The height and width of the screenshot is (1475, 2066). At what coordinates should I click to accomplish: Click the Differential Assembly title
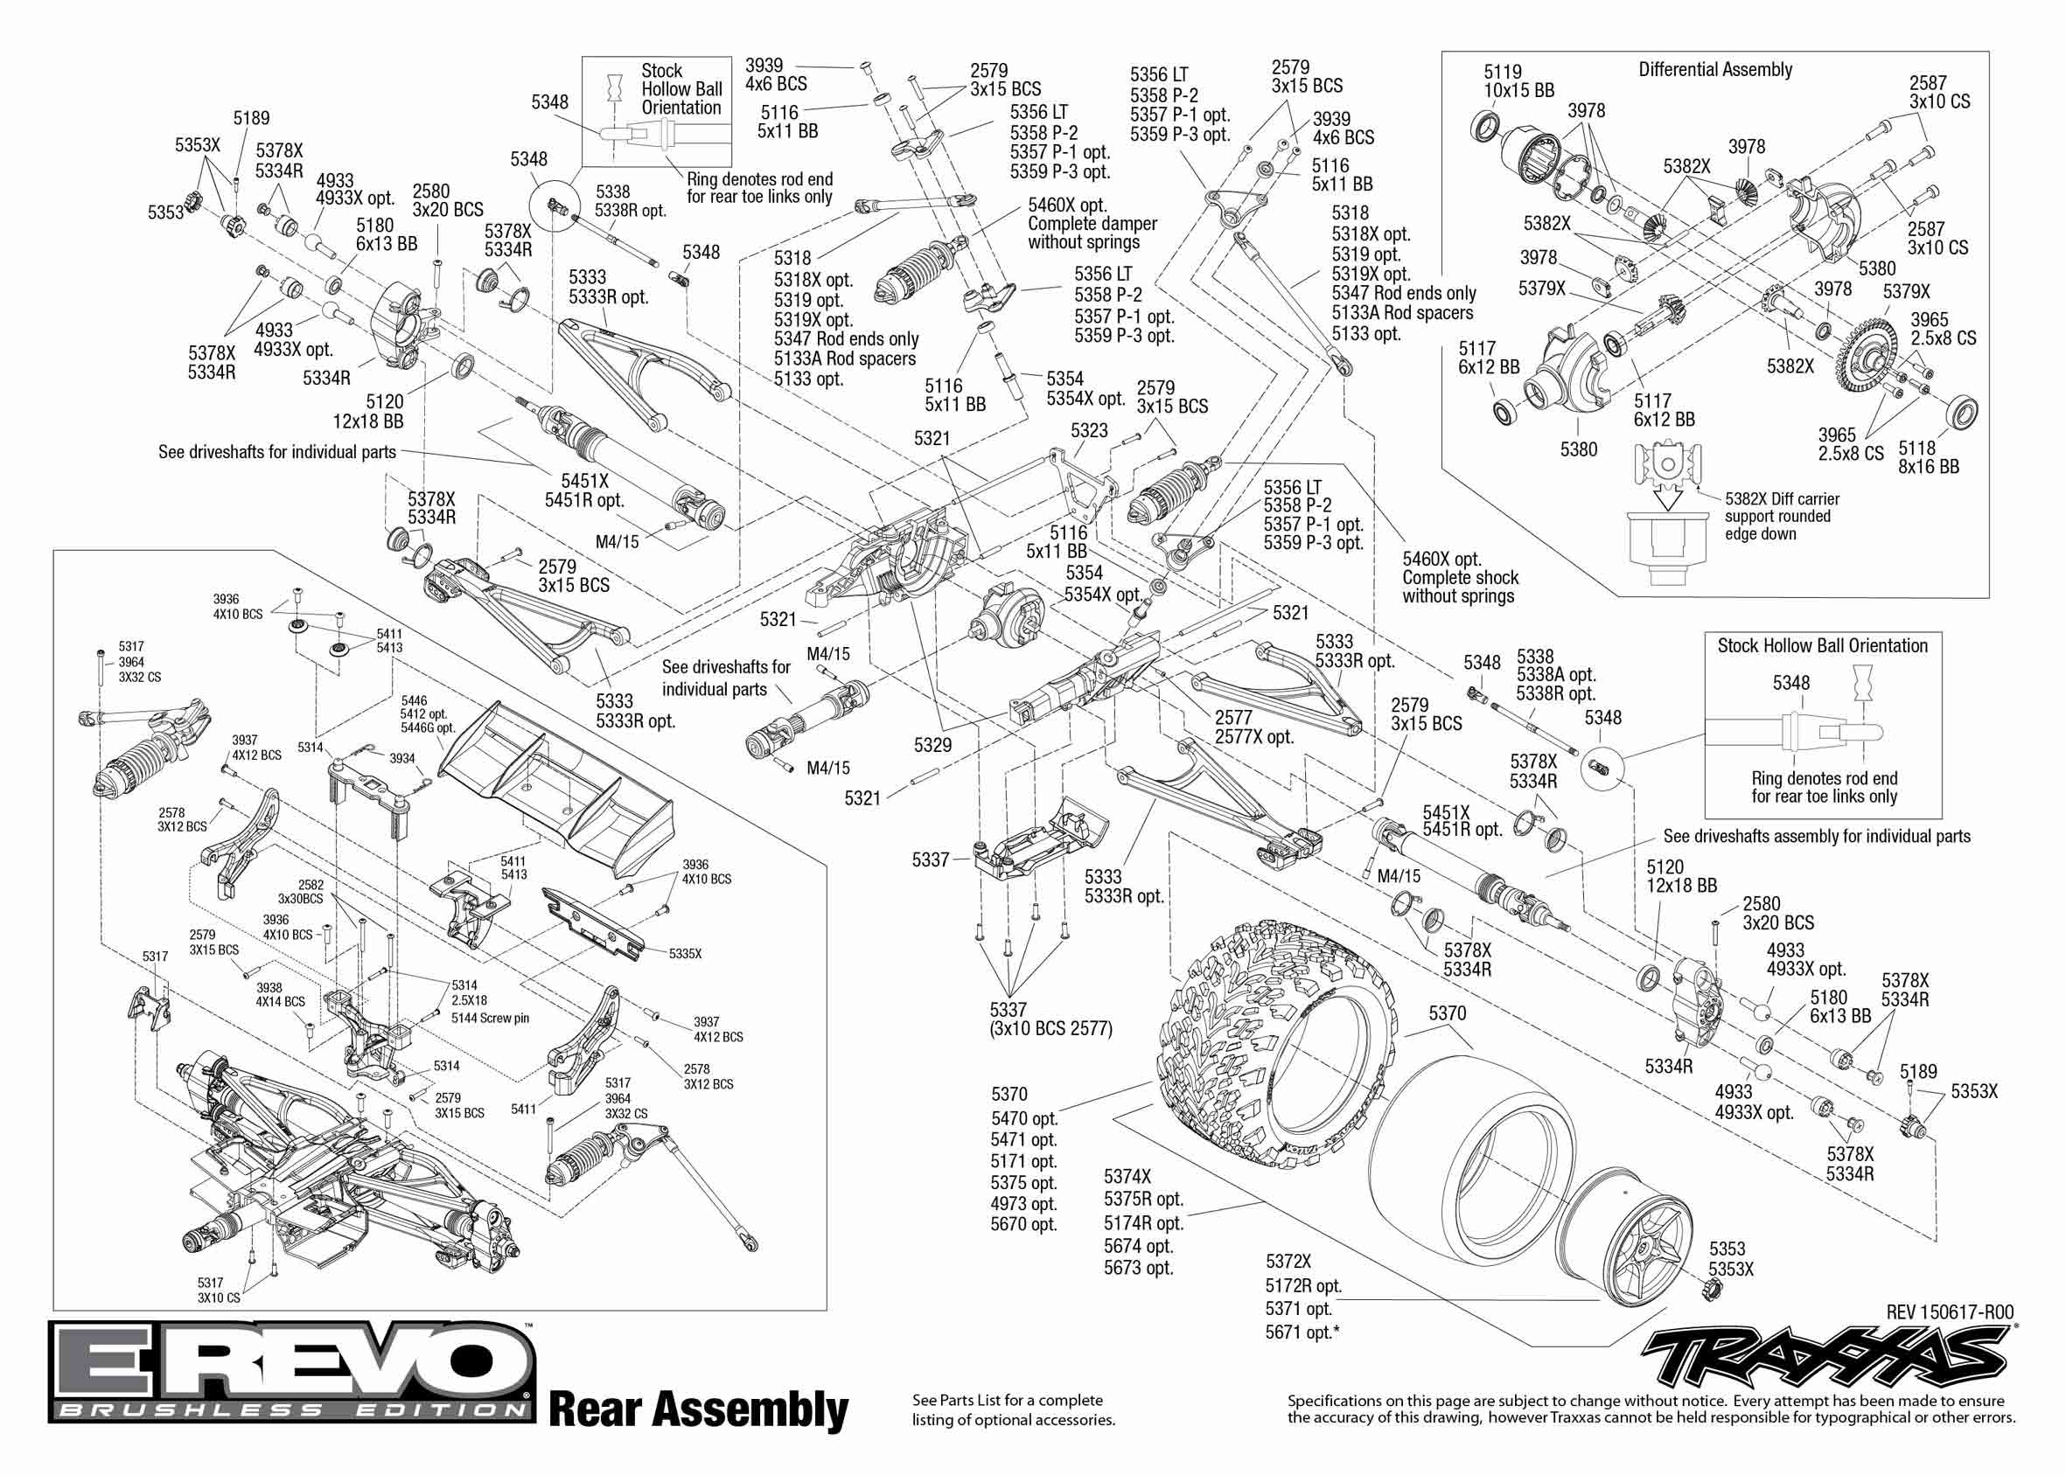[x=1714, y=70]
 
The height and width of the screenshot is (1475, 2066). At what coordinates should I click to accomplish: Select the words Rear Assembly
[x=698, y=1410]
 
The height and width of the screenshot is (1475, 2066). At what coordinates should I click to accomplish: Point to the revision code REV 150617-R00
[x=1950, y=1312]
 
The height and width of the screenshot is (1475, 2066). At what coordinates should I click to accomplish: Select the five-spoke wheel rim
[x=1626, y=1231]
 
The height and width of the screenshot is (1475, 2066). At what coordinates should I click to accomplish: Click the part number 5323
[x=1088, y=430]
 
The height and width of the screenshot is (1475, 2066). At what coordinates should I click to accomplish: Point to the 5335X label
[x=685, y=955]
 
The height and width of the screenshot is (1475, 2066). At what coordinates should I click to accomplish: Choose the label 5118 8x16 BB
[x=1928, y=458]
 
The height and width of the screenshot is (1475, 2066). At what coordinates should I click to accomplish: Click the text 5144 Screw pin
[x=490, y=1018]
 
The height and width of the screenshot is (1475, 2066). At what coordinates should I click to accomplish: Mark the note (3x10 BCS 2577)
[x=1050, y=1029]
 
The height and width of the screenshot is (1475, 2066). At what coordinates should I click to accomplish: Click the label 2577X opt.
[x=1253, y=736]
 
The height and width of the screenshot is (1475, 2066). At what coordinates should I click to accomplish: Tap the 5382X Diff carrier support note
[x=1781, y=516]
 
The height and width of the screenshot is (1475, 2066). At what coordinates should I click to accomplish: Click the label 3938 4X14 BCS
[x=280, y=994]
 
